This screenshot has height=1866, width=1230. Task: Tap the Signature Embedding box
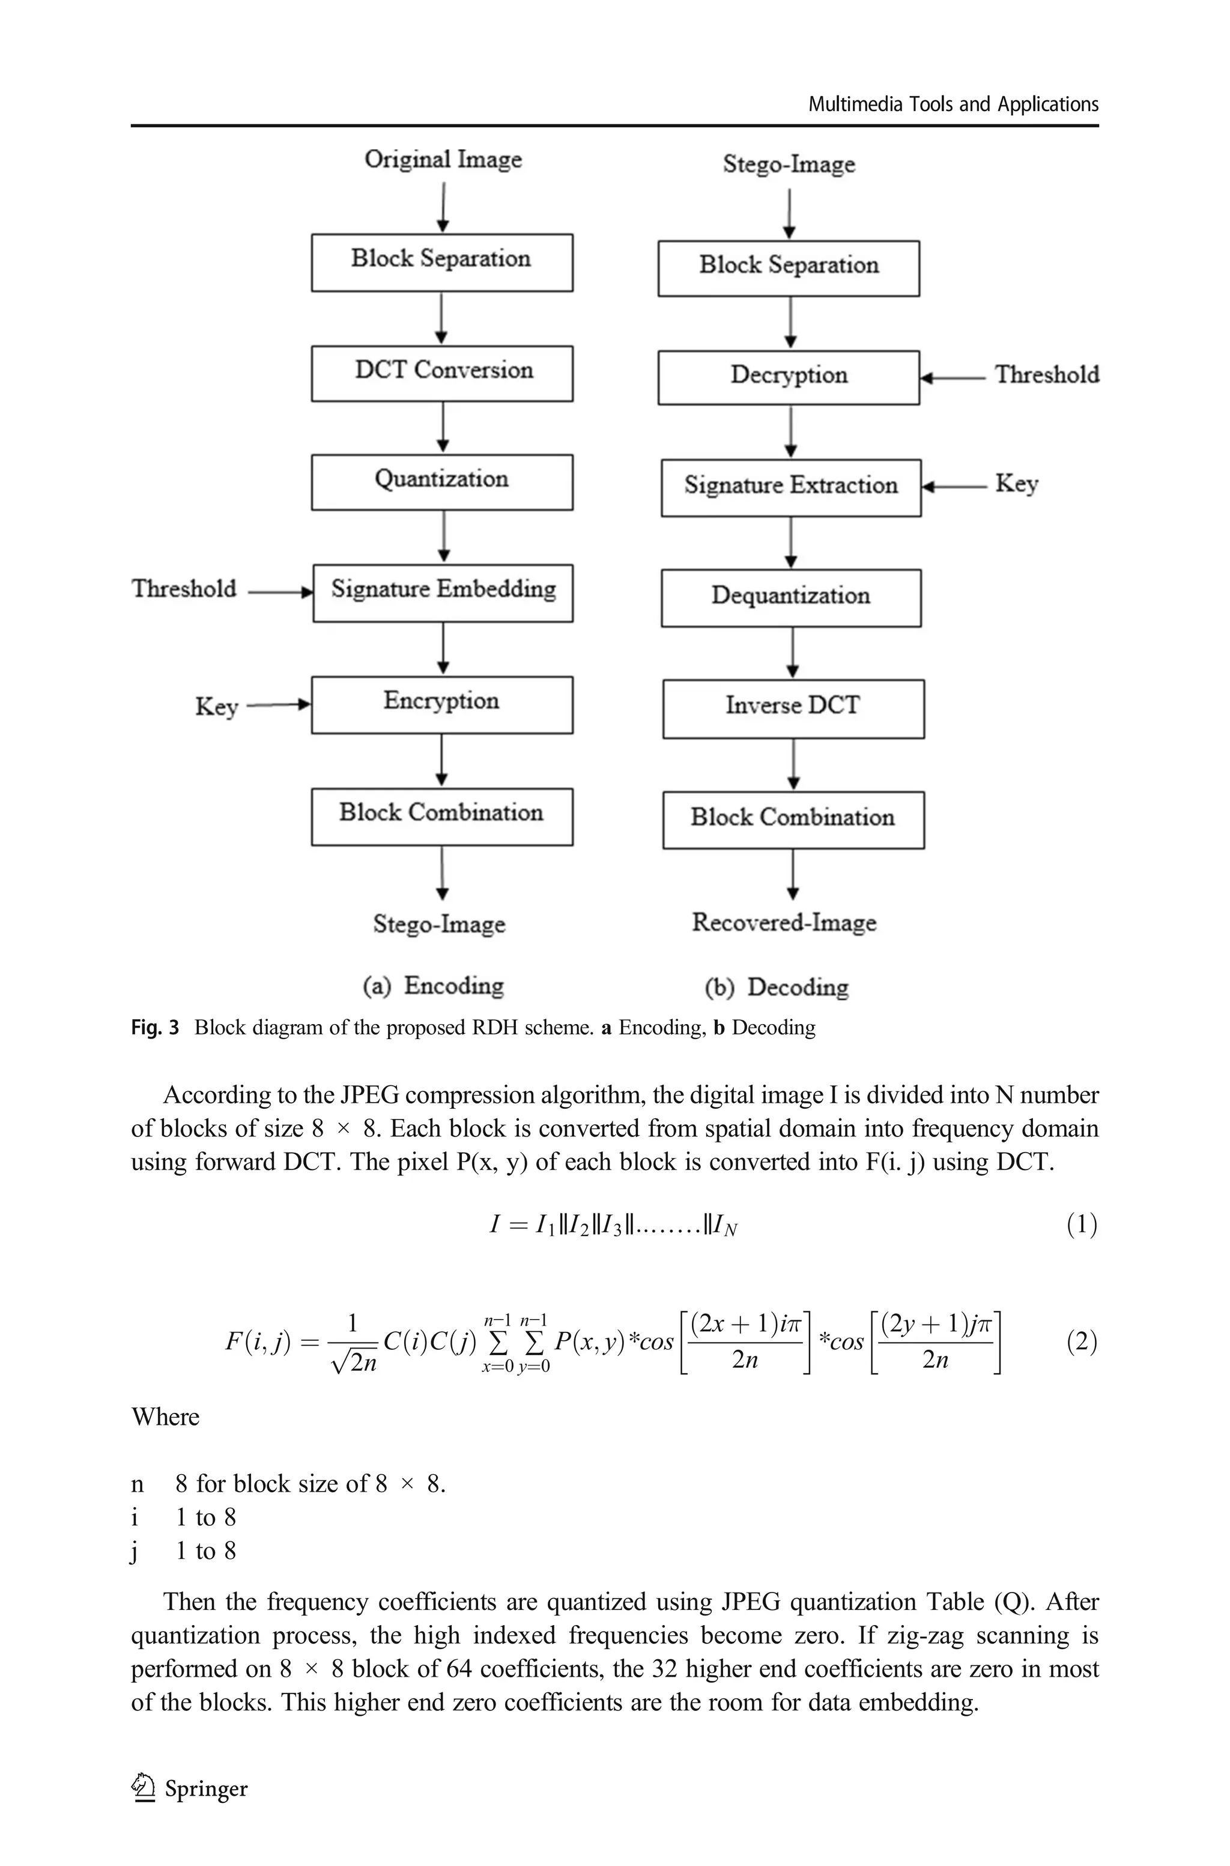coord(443,593)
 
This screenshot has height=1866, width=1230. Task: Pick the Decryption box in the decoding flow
coord(789,377)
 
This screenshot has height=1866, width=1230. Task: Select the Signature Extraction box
coord(791,487)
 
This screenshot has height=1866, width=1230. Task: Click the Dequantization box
coord(791,598)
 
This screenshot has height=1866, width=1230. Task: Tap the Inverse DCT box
coord(793,709)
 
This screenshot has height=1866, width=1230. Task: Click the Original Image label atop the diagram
coord(443,160)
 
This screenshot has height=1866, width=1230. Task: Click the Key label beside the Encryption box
coord(216,706)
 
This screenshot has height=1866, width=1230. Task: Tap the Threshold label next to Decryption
coord(1046,375)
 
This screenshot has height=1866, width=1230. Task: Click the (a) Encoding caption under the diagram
coord(433,986)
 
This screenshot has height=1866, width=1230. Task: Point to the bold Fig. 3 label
coord(154,1027)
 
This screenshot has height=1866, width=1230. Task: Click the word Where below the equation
coord(166,1416)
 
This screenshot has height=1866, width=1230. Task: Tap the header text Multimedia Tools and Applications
coord(953,105)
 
